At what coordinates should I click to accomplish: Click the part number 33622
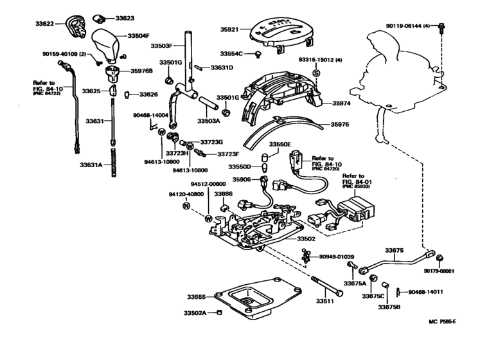pos(46,23)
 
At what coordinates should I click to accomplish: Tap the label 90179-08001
pos(440,271)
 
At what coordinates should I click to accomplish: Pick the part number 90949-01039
pos(337,257)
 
